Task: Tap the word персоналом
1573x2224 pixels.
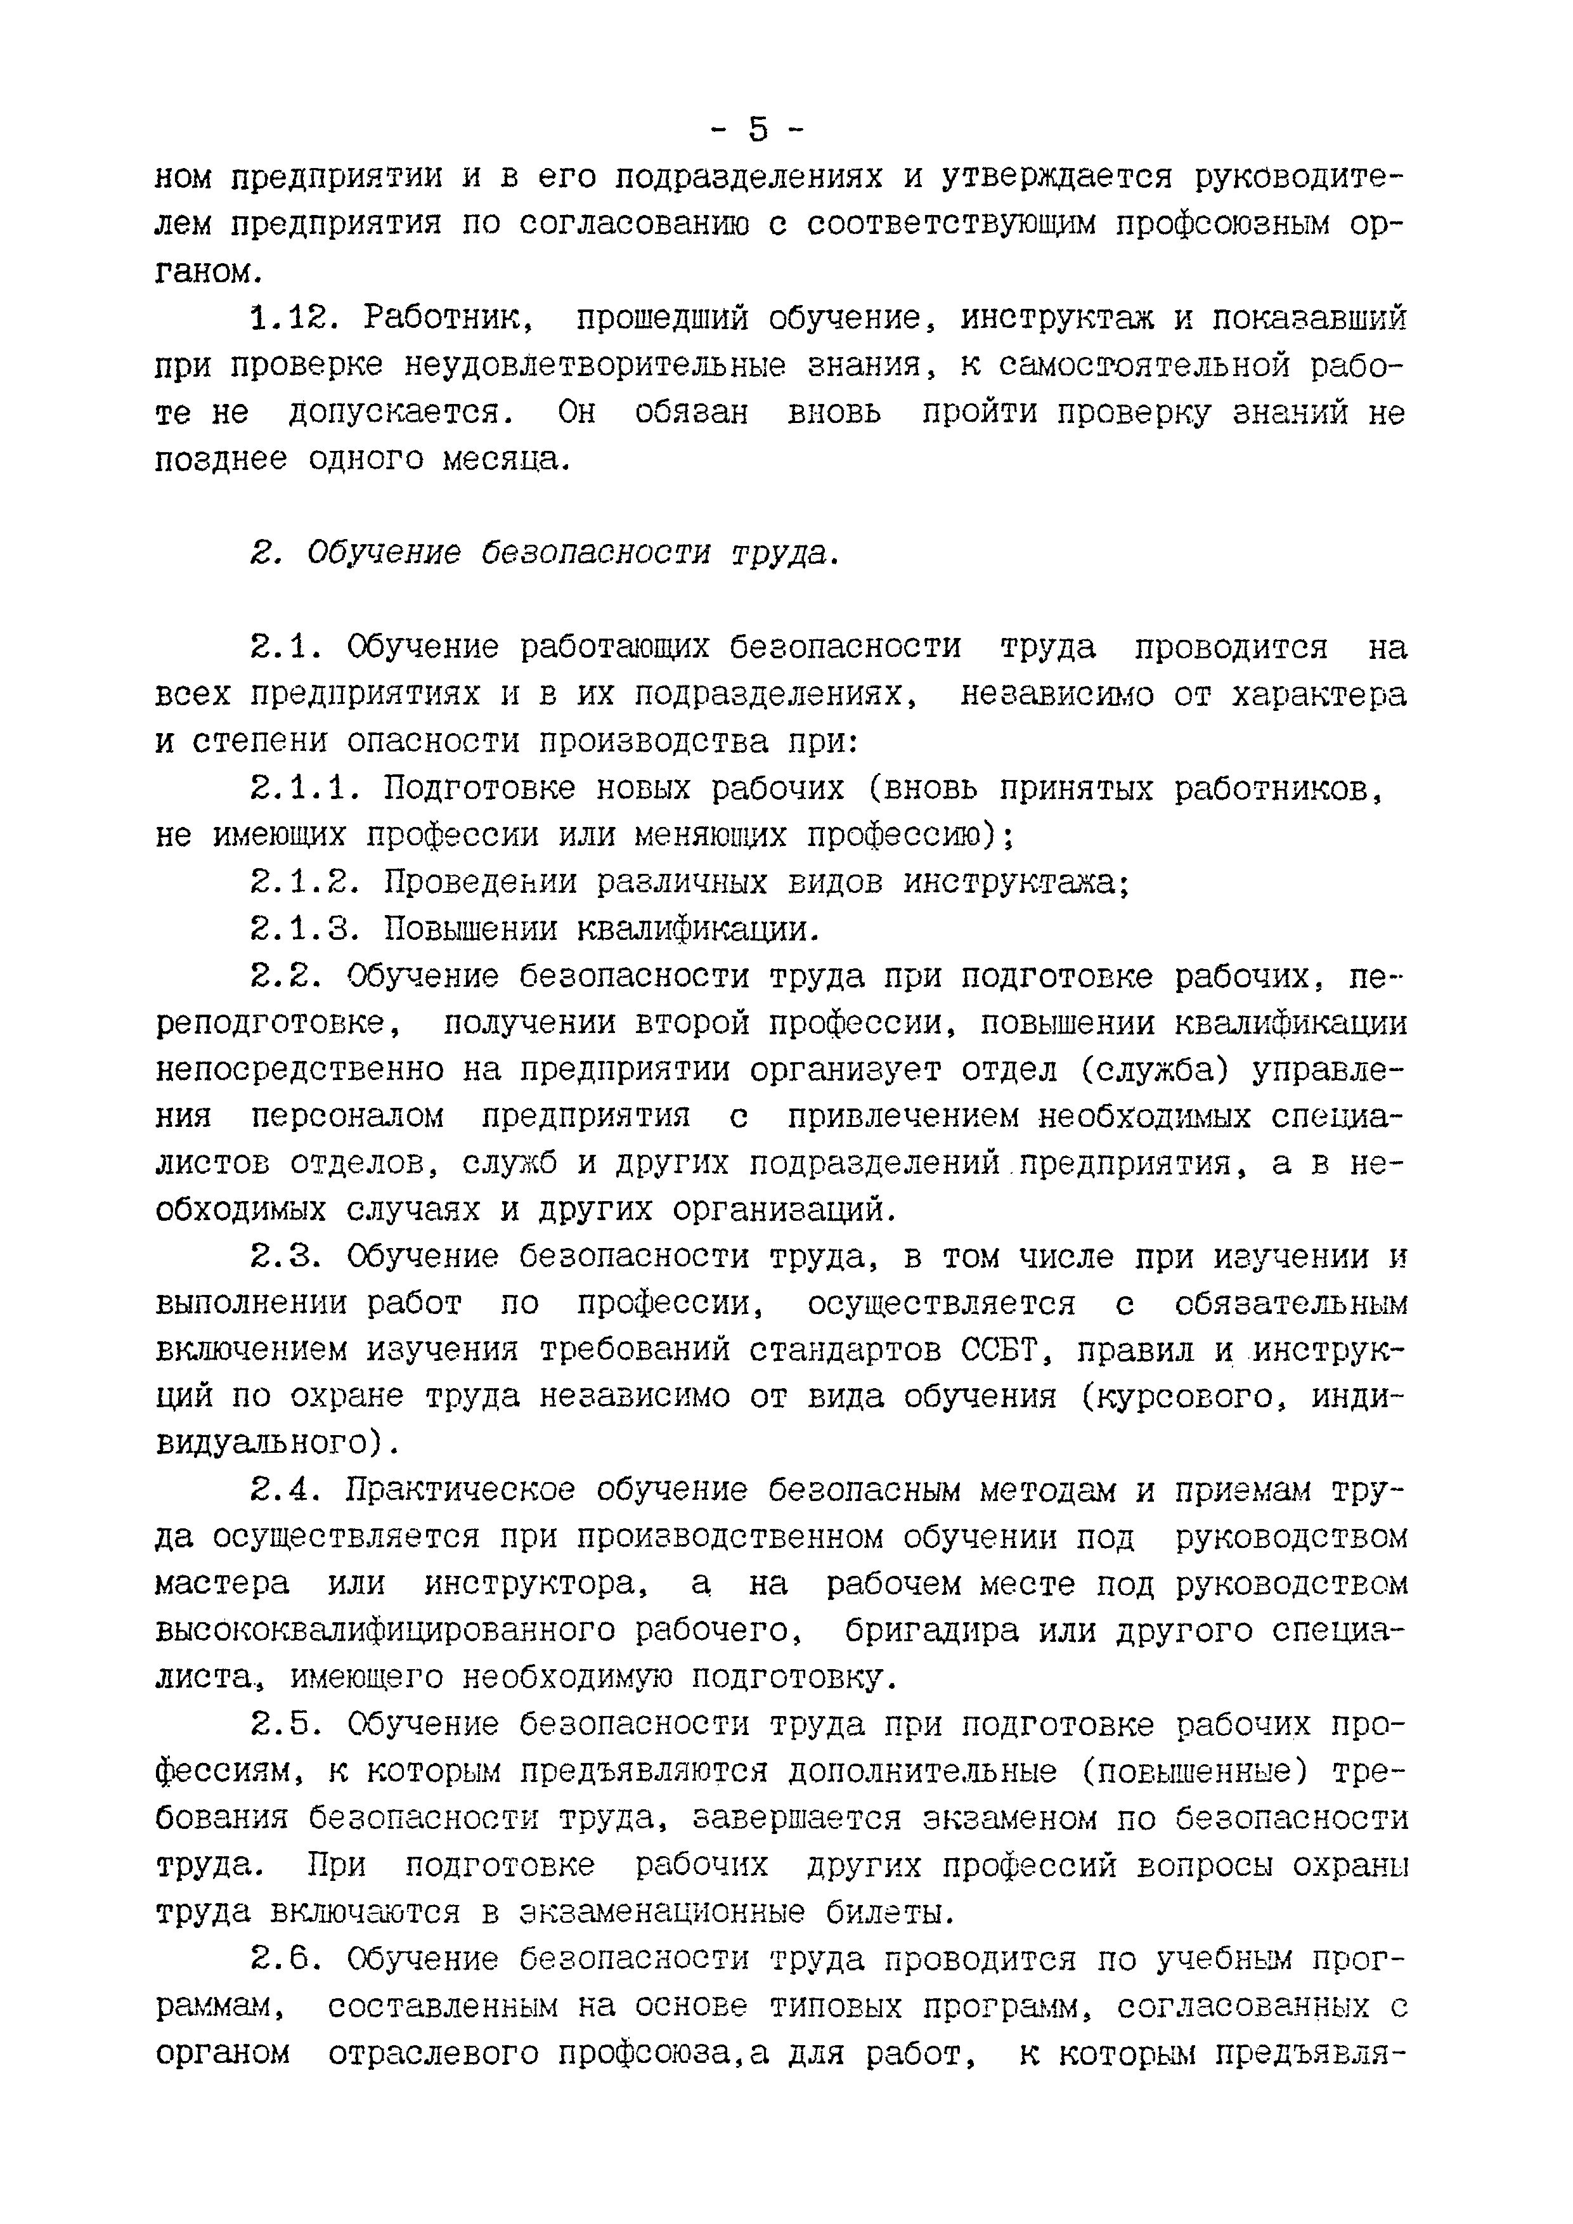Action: [x=347, y=1117]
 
